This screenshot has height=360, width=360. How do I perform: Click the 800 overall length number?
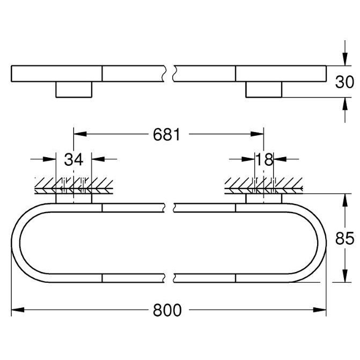click(x=167, y=310)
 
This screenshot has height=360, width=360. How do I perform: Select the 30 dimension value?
click(x=344, y=82)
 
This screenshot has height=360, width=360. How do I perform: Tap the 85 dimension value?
click(x=344, y=238)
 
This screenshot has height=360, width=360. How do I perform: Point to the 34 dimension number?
click(x=74, y=159)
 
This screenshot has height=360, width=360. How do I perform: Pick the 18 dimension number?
click(x=265, y=159)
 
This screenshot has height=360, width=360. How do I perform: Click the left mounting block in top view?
click(x=74, y=90)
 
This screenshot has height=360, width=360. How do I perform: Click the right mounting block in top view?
click(x=264, y=90)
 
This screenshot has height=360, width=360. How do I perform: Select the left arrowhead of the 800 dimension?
click(x=18, y=310)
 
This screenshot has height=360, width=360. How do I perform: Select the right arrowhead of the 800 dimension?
click(x=320, y=310)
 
